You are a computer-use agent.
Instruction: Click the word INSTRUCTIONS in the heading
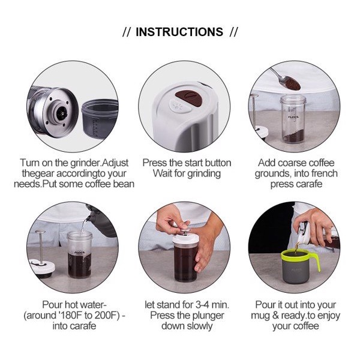[179, 32]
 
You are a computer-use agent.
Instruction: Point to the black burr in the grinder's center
[61, 113]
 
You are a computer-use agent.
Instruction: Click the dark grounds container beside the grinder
[100, 118]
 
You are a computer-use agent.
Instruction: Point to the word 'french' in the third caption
[323, 173]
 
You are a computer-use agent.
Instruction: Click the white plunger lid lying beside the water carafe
[42, 267]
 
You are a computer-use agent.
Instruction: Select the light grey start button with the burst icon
[180, 106]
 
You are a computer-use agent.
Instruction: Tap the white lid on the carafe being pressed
[185, 239]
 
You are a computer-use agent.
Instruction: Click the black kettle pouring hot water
[101, 221]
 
